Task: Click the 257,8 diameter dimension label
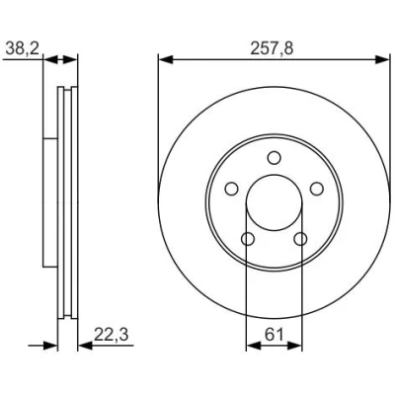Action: (272, 48)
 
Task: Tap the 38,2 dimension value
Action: (23, 49)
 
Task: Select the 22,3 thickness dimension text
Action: (111, 335)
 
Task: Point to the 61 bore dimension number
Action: (275, 335)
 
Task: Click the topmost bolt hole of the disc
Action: (274, 158)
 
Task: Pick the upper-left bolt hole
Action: (232, 189)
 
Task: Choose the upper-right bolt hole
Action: (316, 189)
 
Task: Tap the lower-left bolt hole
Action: (248, 239)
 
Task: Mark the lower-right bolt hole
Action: (300, 239)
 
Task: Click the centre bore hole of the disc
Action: (275, 202)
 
